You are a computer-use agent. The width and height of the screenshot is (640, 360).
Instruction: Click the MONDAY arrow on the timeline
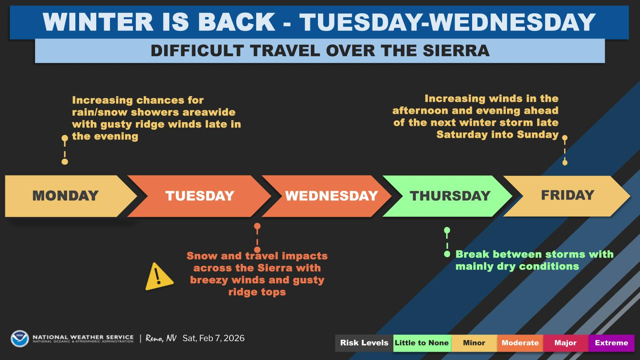(x=66, y=196)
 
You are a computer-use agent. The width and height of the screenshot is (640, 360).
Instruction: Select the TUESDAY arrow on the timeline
(x=200, y=196)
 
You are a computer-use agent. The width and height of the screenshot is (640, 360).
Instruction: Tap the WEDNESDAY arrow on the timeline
(x=331, y=196)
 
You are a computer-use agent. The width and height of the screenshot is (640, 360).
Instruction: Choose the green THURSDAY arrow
(x=450, y=196)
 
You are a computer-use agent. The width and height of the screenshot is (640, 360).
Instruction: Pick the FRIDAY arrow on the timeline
(x=567, y=195)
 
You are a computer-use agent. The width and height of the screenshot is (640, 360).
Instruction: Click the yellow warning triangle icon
(x=158, y=277)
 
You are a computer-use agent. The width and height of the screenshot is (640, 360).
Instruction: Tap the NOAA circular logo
(x=20, y=338)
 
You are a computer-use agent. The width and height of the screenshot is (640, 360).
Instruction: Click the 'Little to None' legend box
(x=422, y=343)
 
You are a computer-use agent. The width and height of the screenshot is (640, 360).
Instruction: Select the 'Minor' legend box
(x=474, y=343)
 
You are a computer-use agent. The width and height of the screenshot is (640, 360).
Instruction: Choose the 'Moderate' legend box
(x=520, y=343)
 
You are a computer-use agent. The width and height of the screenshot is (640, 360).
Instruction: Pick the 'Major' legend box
(x=565, y=343)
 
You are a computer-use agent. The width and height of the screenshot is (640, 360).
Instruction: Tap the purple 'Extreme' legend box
(x=611, y=343)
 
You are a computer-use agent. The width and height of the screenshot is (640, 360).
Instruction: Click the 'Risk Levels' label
(x=364, y=343)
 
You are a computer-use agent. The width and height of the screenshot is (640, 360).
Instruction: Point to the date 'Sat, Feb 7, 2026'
(x=213, y=338)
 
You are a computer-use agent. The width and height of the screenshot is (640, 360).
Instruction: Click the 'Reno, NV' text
(x=161, y=338)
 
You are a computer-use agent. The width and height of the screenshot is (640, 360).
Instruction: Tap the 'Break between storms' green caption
(x=534, y=260)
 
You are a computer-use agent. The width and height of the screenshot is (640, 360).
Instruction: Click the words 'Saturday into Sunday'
(x=497, y=135)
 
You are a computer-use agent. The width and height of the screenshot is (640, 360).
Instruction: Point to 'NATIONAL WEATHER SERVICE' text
(x=83, y=337)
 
